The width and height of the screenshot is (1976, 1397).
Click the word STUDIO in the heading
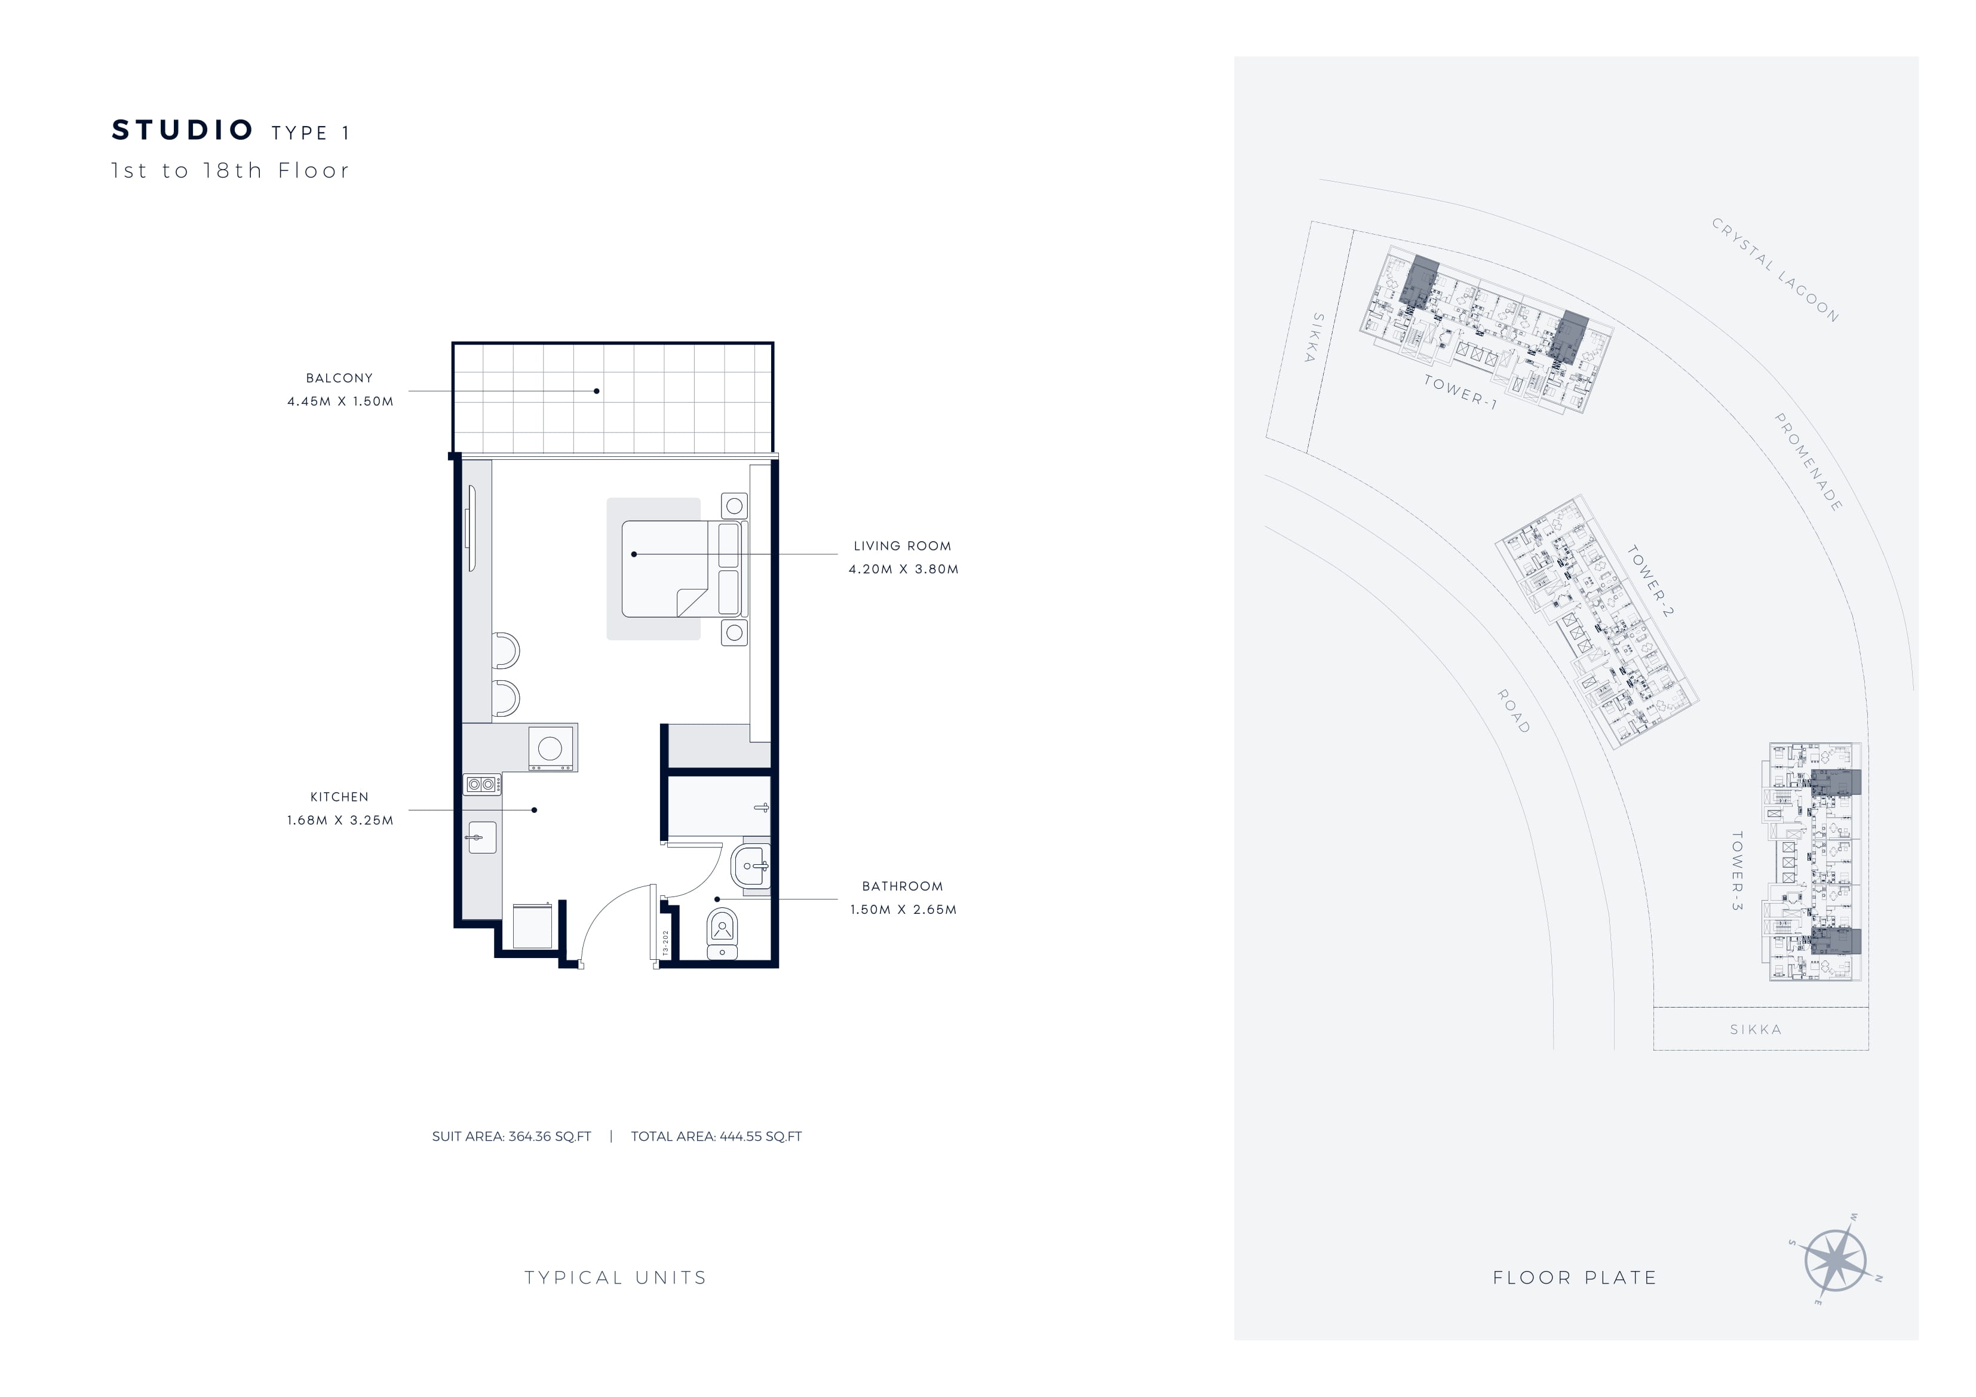point(182,130)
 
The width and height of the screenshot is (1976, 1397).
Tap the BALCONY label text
point(339,378)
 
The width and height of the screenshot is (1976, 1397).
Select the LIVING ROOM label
point(902,546)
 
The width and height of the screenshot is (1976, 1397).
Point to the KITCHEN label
point(339,797)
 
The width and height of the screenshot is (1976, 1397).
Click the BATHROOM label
point(902,886)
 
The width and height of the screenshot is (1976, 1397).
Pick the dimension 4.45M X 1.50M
point(340,401)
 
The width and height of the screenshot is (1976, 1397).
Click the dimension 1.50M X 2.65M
point(903,909)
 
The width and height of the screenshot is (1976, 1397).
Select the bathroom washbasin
point(750,866)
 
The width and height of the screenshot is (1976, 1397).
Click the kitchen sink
point(482,837)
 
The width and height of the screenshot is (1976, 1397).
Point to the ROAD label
point(1514,711)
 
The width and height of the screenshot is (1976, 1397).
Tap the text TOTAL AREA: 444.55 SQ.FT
point(716,1136)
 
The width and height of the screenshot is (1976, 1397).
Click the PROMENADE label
point(1808,462)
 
